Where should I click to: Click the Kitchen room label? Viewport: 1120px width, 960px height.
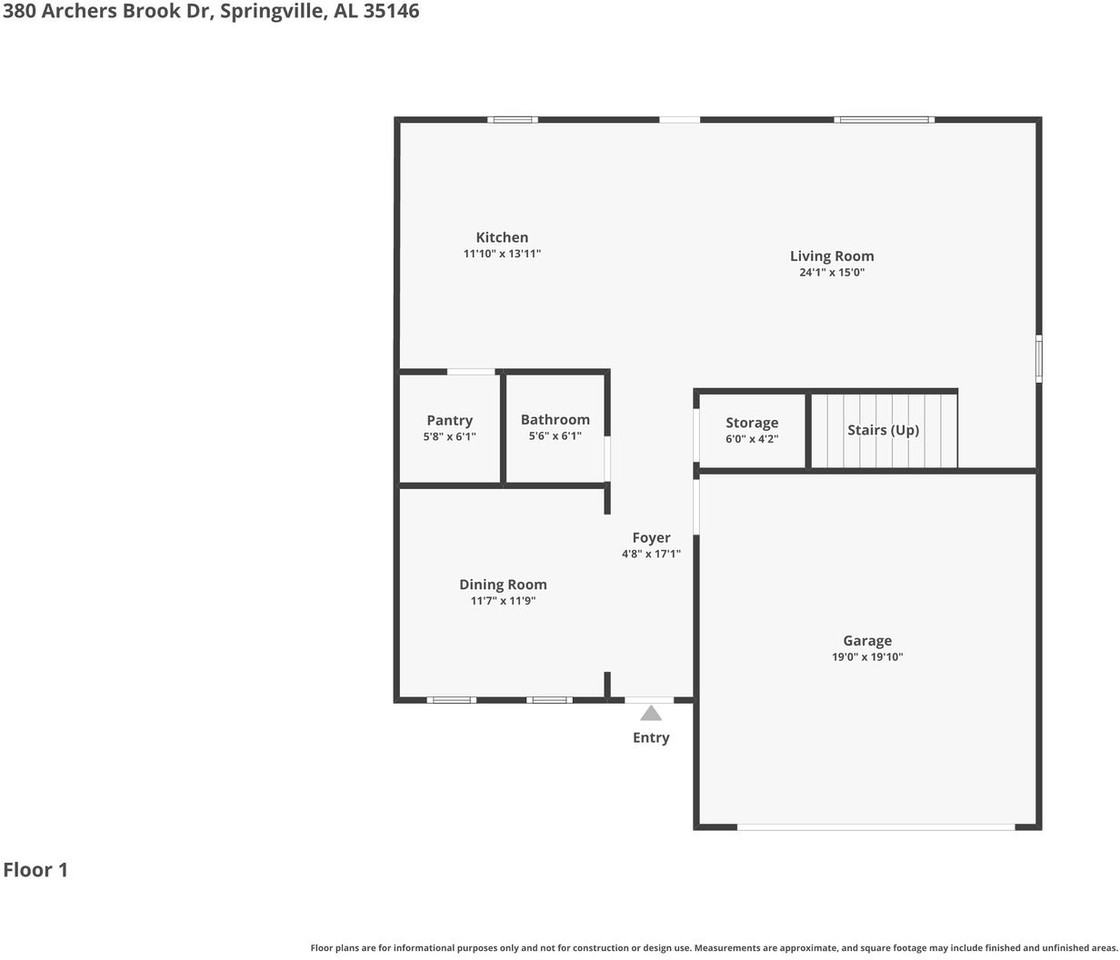[502, 238]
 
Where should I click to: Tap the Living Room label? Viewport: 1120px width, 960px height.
[832, 256]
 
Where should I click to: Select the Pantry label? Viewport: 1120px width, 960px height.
[449, 421]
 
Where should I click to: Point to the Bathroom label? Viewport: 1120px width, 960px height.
[555, 420]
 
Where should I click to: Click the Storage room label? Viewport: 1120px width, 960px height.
[752, 423]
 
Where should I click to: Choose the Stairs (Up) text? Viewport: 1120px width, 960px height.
[883, 430]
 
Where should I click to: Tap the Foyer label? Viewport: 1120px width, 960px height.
[651, 538]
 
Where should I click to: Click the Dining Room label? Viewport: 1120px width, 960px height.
[503, 585]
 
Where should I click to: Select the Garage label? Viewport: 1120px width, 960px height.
[867, 641]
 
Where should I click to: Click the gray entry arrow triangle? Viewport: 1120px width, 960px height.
[651, 713]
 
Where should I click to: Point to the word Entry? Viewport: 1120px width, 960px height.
[651, 738]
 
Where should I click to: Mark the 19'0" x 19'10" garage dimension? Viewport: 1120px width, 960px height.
[867, 657]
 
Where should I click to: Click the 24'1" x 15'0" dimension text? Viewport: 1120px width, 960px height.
[832, 272]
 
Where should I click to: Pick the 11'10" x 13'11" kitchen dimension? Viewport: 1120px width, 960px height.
[502, 254]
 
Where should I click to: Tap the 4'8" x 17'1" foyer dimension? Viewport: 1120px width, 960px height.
[651, 554]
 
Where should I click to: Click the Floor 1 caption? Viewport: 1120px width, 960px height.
[35, 870]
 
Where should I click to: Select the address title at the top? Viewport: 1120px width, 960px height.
[210, 12]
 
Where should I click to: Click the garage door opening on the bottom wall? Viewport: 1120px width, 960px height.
[876, 827]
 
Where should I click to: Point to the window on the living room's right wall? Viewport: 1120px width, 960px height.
[1038, 358]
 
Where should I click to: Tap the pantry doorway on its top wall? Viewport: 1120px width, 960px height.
[471, 372]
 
